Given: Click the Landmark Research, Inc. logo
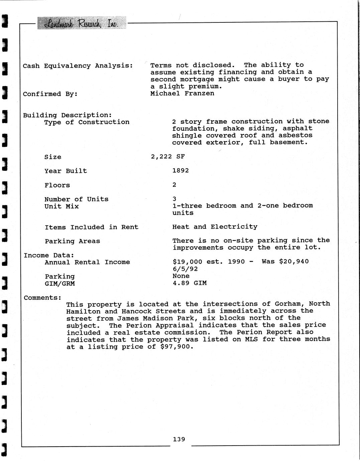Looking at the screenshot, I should pyautogui.click(x=82, y=23).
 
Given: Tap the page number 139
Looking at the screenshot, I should pyautogui.click(x=179, y=439).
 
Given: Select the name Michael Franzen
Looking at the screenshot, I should pyautogui.click(x=182, y=93).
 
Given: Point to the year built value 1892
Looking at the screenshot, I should pyautogui.click(x=181, y=170).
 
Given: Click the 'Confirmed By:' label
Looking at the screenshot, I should pyautogui.click(x=50, y=94).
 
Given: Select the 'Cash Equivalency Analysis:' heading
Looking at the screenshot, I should pyautogui.click(x=78, y=66).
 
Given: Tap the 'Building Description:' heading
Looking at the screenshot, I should pyautogui.click(x=67, y=115).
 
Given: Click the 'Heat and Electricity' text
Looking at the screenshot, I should pyautogui.click(x=215, y=227).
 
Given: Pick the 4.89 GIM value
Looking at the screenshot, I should pyautogui.click(x=190, y=283).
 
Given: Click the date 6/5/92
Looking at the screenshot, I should pyautogui.click(x=185, y=269).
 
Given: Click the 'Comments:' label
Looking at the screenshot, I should pyautogui.click(x=42, y=298).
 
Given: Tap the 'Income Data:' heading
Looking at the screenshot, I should pyautogui.click(x=49, y=255).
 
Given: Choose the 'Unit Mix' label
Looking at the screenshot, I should pyautogui.click(x=62, y=206).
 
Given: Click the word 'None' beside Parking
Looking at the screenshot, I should pyautogui.click(x=181, y=276).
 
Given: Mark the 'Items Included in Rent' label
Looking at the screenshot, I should pyautogui.click(x=91, y=227).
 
